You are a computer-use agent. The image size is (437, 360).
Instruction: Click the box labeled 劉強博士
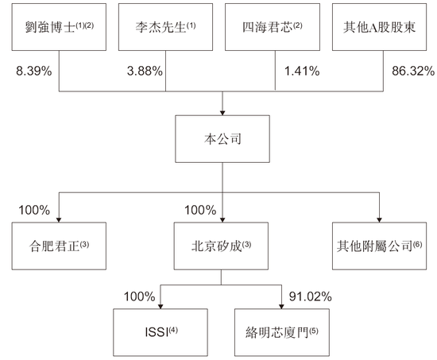pos(59,27)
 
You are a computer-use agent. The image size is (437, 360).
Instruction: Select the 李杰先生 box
pos(165,27)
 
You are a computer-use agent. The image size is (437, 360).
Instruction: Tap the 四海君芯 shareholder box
pos(273,27)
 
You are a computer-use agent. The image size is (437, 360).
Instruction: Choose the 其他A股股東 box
pos(379,27)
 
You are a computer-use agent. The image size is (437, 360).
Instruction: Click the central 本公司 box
pos(222,139)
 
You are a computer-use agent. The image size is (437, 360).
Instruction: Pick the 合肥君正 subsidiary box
pos(59,246)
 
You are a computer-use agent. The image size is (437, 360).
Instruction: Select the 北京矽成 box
pos(221,246)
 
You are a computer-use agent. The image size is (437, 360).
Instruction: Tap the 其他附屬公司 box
pos(379,246)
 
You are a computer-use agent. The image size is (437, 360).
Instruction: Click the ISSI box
pos(160,332)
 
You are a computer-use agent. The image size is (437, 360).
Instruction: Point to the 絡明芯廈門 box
pos(282,332)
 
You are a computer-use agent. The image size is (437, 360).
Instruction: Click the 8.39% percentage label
pos(33,71)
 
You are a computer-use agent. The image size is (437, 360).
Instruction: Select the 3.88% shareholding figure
pos(145,71)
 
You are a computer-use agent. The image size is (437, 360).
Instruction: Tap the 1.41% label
pos(302,71)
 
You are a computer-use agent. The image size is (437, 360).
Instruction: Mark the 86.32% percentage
pos(413,71)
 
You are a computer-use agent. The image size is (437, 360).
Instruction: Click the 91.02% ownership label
pos(310,296)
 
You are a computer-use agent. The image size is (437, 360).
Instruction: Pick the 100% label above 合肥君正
pos(34,210)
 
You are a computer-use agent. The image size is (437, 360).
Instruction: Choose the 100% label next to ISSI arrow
pos(139,296)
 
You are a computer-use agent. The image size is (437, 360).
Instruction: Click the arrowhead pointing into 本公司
pos(222,113)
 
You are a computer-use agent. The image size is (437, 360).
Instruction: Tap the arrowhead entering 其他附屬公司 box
pos(379,220)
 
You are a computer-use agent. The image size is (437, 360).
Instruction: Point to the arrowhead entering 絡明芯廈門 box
pos(281,306)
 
